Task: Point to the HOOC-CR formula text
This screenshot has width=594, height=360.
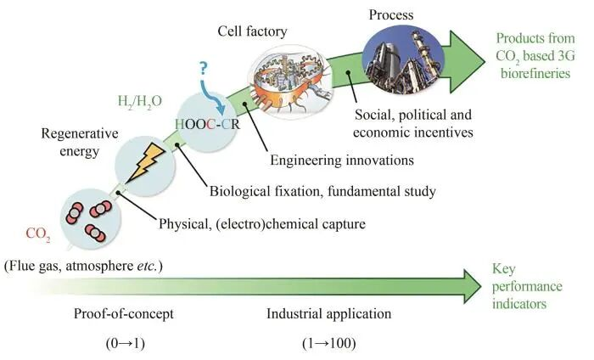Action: pyautogui.click(x=205, y=123)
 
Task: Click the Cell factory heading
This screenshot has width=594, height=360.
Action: pyautogui.click(x=255, y=31)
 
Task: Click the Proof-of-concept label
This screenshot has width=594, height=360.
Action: pyautogui.click(x=125, y=313)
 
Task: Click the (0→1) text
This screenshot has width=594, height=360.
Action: pyautogui.click(x=124, y=344)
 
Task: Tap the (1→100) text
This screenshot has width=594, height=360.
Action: pyautogui.click(x=328, y=344)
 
